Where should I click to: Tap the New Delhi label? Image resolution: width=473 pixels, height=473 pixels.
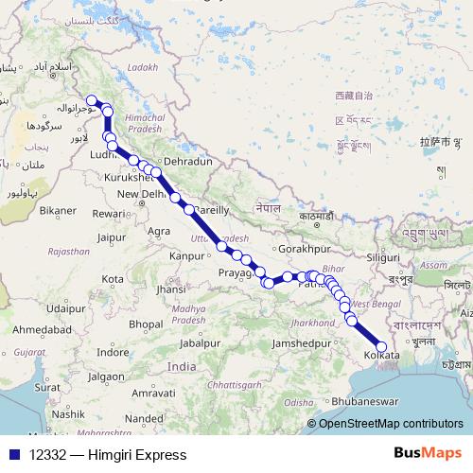(139, 194)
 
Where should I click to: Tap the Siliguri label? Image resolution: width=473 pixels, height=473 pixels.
(384, 256)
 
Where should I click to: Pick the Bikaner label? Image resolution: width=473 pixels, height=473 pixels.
(58, 209)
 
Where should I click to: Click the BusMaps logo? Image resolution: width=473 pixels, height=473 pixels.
(429, 454)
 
